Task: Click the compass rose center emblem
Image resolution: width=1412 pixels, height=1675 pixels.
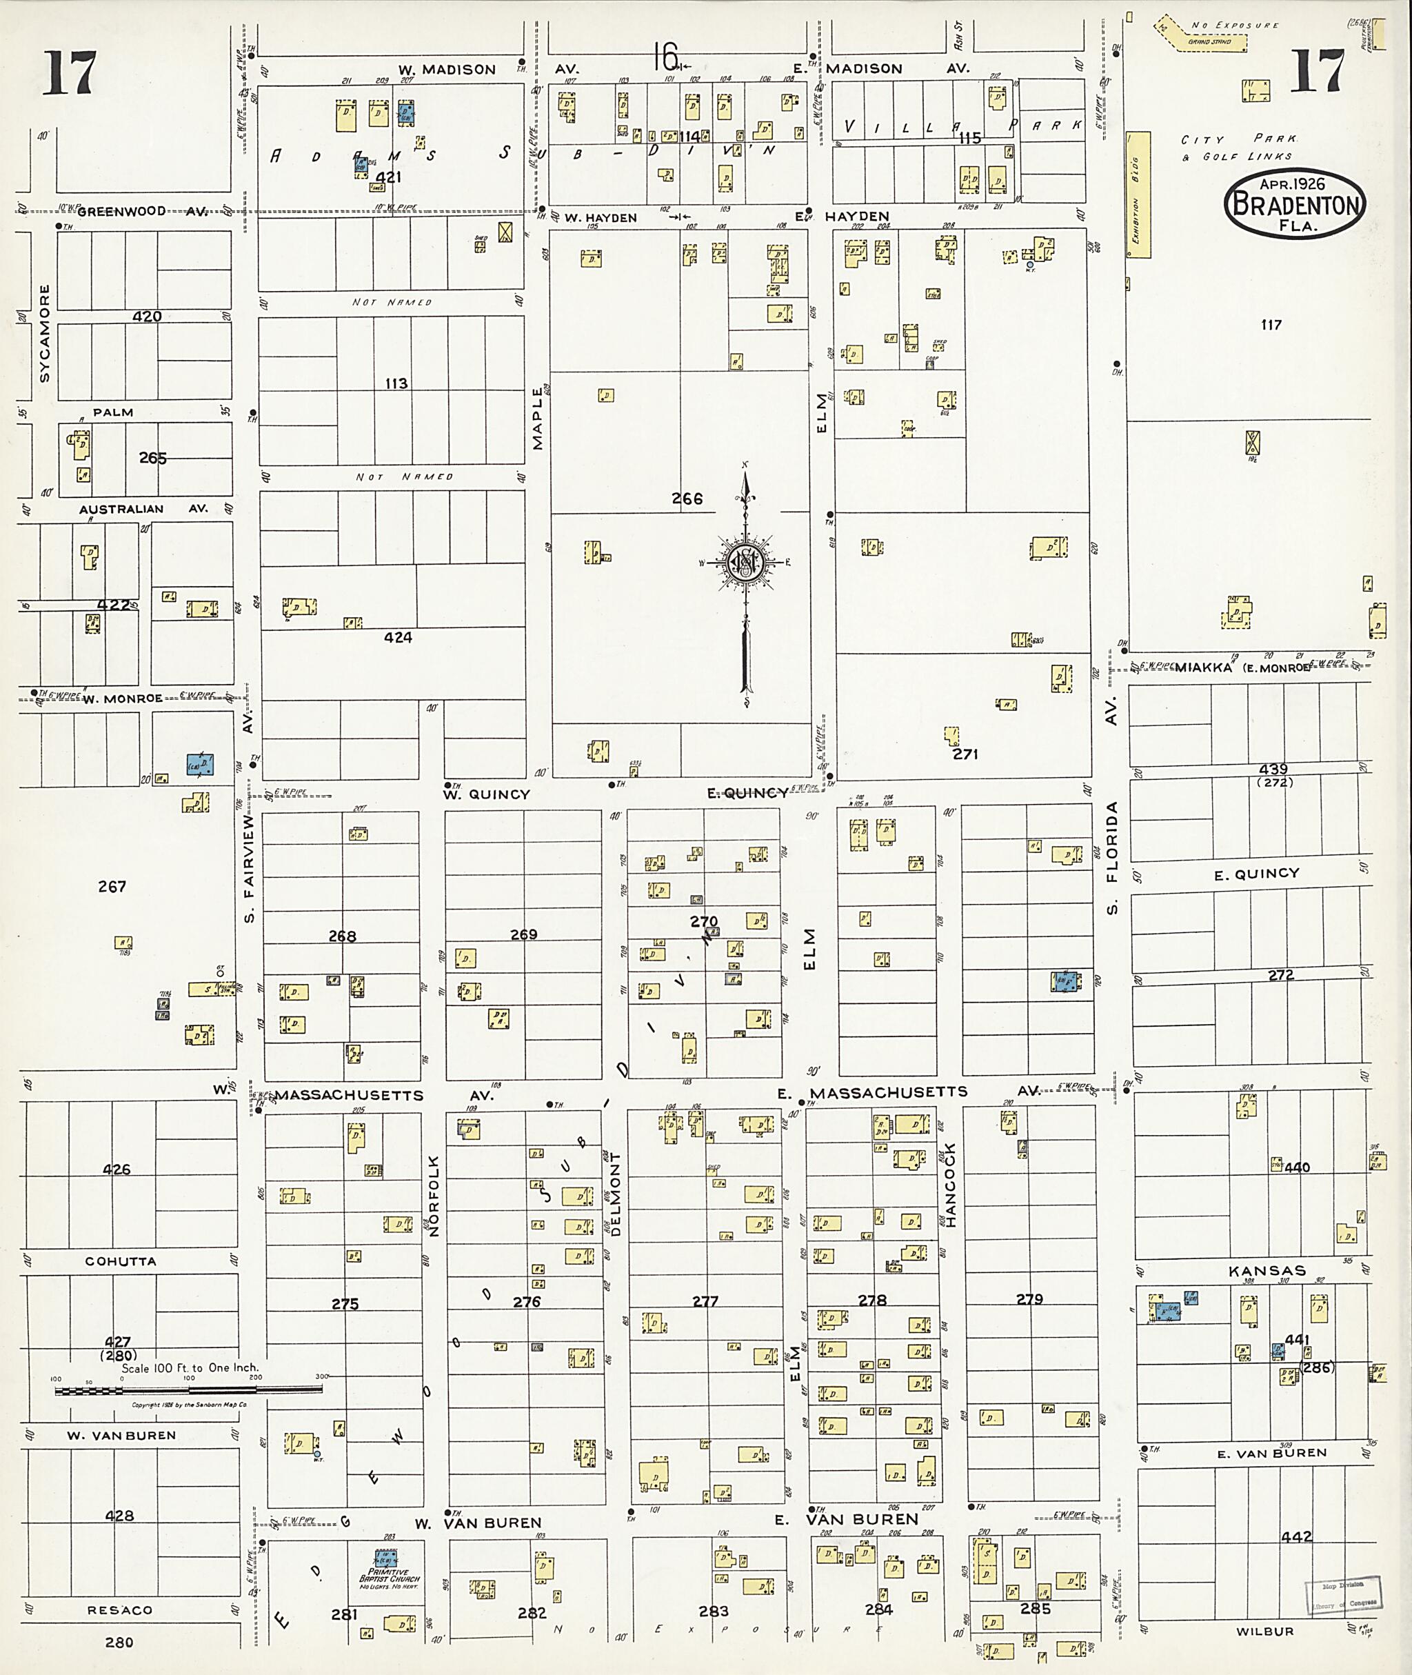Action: [x=745, y=563]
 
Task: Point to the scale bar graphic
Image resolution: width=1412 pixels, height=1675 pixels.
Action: [x=188, y=1390]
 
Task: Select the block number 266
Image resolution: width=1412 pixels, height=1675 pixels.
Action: [x=687, y=499]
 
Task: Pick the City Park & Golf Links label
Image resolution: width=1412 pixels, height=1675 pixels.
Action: [x=1238, y=148]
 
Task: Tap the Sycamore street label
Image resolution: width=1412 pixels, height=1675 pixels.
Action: [x=45, y=332]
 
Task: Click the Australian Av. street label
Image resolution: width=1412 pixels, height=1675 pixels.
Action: [x=120, y=509]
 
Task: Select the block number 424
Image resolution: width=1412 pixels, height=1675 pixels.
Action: [x=398, y=637]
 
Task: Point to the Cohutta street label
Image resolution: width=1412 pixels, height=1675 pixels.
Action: [x=120, y=1261]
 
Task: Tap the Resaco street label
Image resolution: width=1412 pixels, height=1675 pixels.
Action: [x=119, y=1609]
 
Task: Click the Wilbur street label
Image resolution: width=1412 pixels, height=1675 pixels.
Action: [x=1264, y=1631]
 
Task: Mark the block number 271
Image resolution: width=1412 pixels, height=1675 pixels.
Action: [x=965, y=754]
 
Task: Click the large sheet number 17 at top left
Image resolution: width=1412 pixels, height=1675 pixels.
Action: [x=70, y=74]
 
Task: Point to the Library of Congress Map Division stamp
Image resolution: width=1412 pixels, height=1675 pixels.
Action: [x=1343, y=1594]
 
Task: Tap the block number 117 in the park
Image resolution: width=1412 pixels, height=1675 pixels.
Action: [x=1271, y=324]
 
